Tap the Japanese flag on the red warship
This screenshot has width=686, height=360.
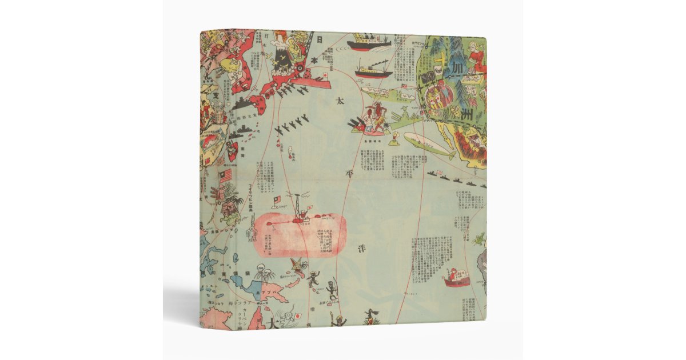point(324,75)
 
